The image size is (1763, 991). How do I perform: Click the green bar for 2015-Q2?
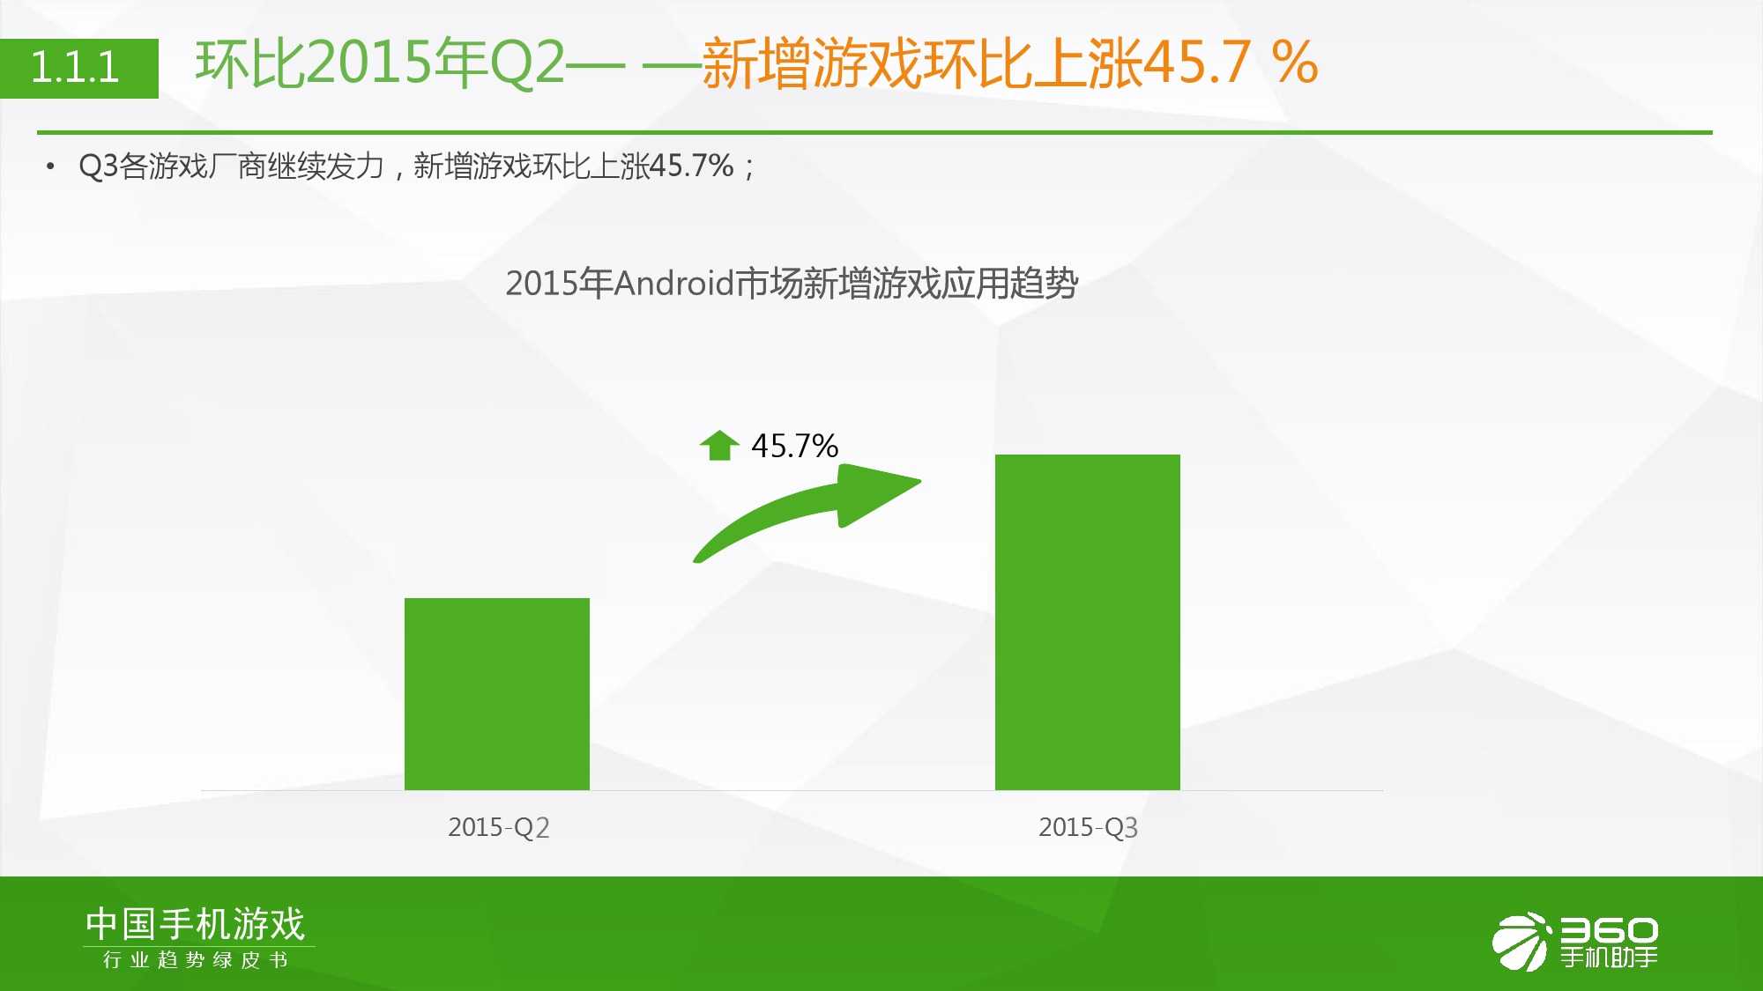(x=497, y=694)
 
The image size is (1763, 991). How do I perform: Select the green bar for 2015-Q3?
(x=1088, y=622)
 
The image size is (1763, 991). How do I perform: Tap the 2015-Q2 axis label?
(x=499, y=827)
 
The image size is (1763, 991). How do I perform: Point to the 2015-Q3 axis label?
(x=1089, y=827)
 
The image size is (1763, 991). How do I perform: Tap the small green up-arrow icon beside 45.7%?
(x=718, y=446)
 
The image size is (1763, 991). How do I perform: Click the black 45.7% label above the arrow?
(x=794, y=446)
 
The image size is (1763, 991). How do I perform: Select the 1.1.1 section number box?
(x=79, y=68)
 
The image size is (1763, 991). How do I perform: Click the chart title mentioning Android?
(x=792, y=284)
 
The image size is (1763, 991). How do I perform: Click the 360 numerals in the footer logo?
(x=1610, y=930)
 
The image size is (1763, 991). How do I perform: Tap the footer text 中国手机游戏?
(x=196, y=924)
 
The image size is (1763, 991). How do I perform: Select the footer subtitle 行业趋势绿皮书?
(x=196, y=959)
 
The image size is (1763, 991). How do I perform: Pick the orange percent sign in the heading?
(x=1295, y=63)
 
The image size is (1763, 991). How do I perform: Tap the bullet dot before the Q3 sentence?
(x=50, y=166)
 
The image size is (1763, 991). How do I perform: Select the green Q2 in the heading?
(x=526, y=63)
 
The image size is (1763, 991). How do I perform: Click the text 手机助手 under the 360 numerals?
(x=1610, y=957)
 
